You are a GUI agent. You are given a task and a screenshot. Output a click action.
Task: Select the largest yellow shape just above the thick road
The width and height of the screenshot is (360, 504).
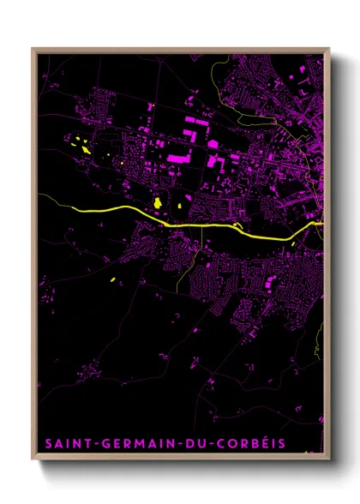[158, 202]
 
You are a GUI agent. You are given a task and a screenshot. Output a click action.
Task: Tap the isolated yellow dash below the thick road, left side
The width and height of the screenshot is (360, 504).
[113, 280]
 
